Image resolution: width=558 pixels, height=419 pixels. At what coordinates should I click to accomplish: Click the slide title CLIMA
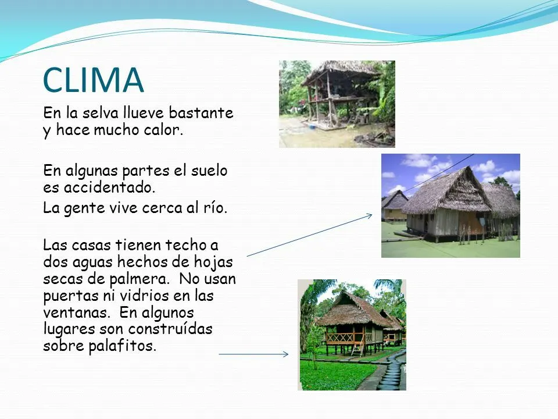tap(93, 80)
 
